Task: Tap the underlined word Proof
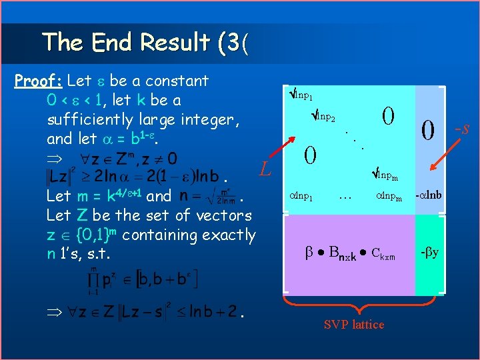tap(38, 81)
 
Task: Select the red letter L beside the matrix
tap(265, 171)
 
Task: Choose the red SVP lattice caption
tap(353, 325)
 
